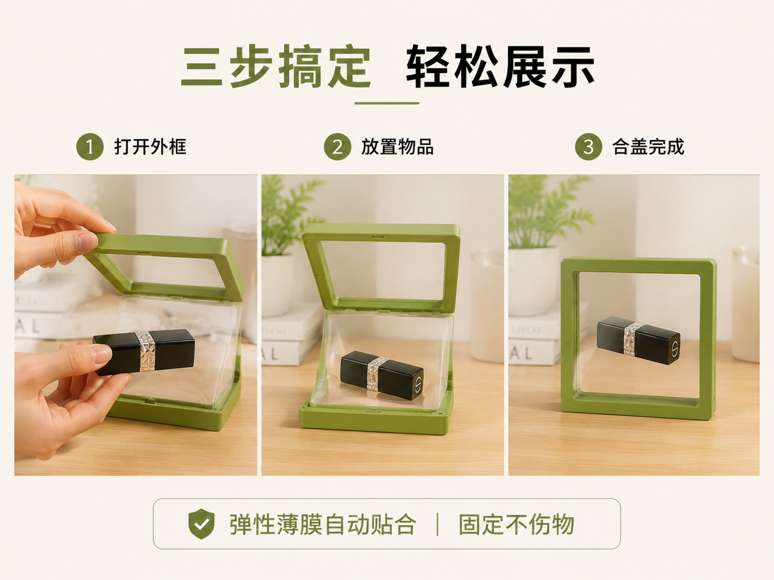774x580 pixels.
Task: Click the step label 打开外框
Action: point(150,146)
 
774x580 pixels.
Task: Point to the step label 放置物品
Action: point(397,146)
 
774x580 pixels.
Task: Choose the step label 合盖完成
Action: point(648,146)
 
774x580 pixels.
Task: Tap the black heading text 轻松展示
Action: point(500,66)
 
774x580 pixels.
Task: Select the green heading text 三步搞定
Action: point(276,66)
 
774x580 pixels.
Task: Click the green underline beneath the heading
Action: point(387,103)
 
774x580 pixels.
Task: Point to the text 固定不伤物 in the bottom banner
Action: point(516,524)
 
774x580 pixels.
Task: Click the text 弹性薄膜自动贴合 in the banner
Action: point(322,524)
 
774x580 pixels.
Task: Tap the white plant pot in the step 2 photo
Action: point(278,285)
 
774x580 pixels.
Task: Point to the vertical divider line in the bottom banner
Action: point(437,524)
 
